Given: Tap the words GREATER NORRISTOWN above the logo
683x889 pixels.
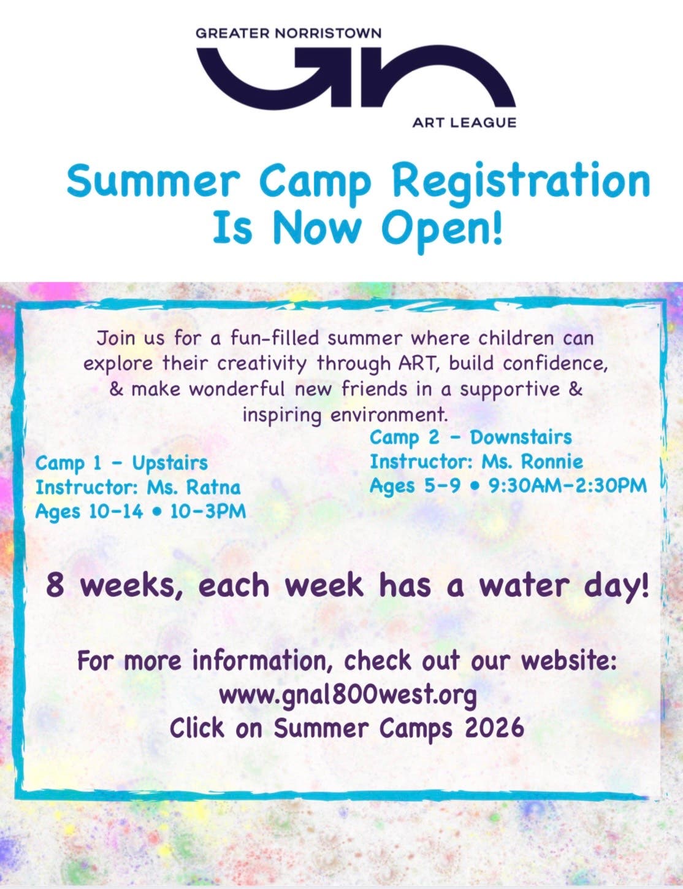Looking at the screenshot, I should tap(288, 33).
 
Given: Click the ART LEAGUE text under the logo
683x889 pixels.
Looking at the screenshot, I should tap(464, 123).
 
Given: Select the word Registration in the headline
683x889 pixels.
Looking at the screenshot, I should tap(521, 182).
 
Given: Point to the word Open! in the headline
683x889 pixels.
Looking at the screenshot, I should tap(441, 228).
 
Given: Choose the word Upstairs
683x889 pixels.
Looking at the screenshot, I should tap(170, 463).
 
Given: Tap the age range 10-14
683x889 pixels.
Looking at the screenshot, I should tap(115, 511).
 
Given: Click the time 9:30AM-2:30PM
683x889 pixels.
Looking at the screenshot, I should tap(568, 486).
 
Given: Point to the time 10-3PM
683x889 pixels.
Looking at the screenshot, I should tap(208, 511).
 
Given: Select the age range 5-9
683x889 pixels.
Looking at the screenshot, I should tap(441, 486).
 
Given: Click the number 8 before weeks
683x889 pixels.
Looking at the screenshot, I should tap(55, 586).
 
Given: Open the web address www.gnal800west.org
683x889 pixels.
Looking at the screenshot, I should tap(348, 695).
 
